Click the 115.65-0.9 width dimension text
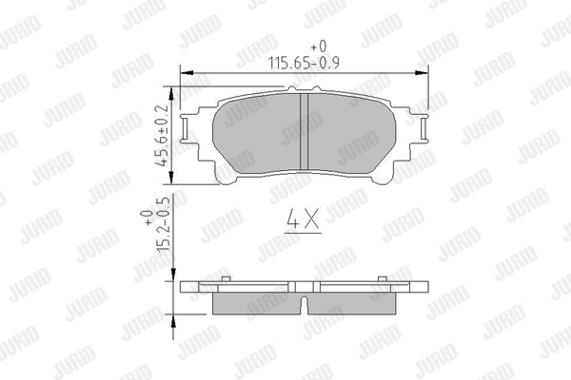[x=304, y=63]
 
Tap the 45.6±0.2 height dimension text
[x=162, y=136]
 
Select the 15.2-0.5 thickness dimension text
[x=163, y=223]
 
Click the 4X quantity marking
[x=303, y=218]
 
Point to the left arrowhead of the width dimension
[x=187, y=73]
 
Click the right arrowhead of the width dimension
[x=423, y=73]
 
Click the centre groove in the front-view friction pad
[x=305, y=132]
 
